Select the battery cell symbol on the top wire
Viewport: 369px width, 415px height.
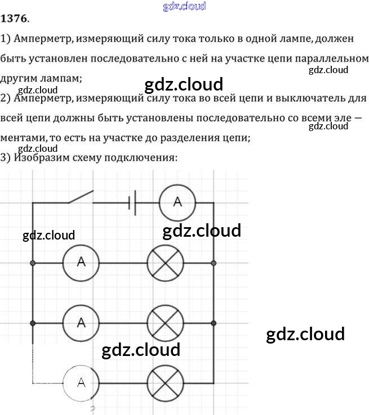point(132,202)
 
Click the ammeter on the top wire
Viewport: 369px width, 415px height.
point(177,202)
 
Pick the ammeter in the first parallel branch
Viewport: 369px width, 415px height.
point(81,262)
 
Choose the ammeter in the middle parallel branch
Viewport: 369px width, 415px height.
point(81,323)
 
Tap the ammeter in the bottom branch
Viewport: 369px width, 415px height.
point(81,383)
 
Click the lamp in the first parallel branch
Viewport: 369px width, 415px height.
point(165,262)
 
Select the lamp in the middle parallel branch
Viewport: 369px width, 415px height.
point(165,323)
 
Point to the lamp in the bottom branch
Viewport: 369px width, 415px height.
point(165,383)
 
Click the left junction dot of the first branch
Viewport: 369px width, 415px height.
point(33,263)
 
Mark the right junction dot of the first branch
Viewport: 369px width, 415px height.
point(214,263)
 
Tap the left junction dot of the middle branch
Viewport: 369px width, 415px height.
point(33,323)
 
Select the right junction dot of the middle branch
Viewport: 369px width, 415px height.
point(214,323)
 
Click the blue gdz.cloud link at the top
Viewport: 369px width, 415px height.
point(184,6)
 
